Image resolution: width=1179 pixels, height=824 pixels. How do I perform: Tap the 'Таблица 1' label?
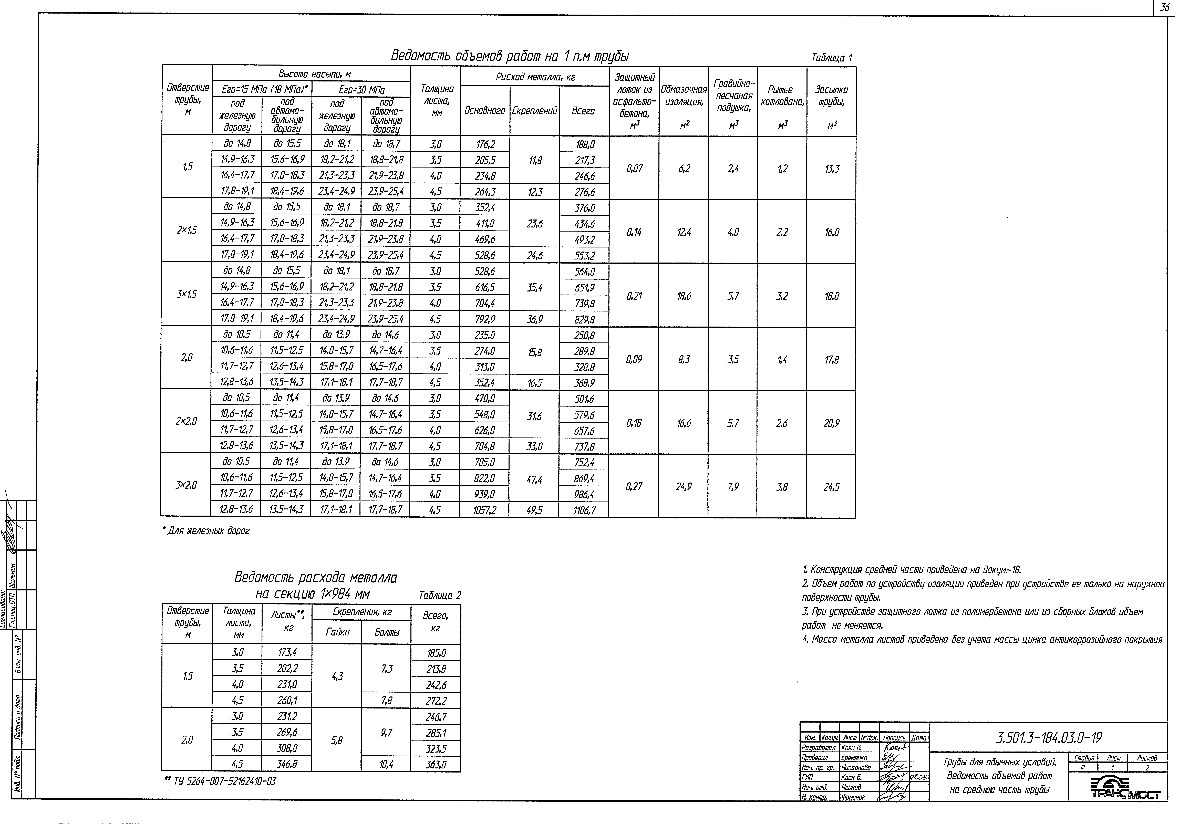point(832,58)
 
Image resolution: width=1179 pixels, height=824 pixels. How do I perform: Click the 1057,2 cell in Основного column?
point(485,510)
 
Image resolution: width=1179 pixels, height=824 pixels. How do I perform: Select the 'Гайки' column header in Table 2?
point(337,632)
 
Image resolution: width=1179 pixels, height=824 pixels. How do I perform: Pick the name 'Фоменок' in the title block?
point(853,797)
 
